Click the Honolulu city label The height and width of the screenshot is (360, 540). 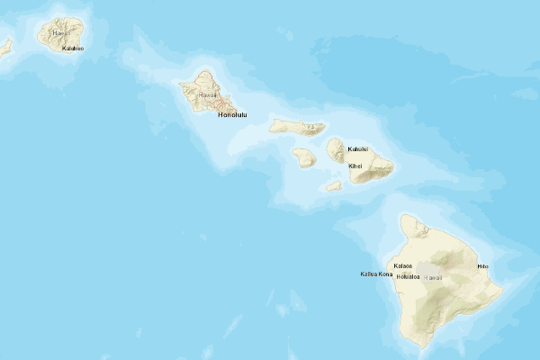[231, 115]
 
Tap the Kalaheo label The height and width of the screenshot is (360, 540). [72, 49]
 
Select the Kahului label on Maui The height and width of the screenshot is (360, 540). [358, 148]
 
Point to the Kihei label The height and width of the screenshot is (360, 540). [355, 166]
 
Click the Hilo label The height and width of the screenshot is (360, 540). [482, 266]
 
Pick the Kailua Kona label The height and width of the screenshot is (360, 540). [376, 274]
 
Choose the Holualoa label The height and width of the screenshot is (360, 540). [409, 276]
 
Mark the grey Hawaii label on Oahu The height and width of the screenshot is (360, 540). [208, 94]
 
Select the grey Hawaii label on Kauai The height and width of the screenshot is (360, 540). [59, 32]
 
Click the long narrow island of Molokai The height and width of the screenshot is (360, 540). [297, 126]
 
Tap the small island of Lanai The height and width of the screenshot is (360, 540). [304, 157]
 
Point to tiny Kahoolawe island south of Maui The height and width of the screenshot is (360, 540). [333, 186]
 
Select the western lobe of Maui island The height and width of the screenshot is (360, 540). [336, 149]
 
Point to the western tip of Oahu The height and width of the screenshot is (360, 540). [179, 86]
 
